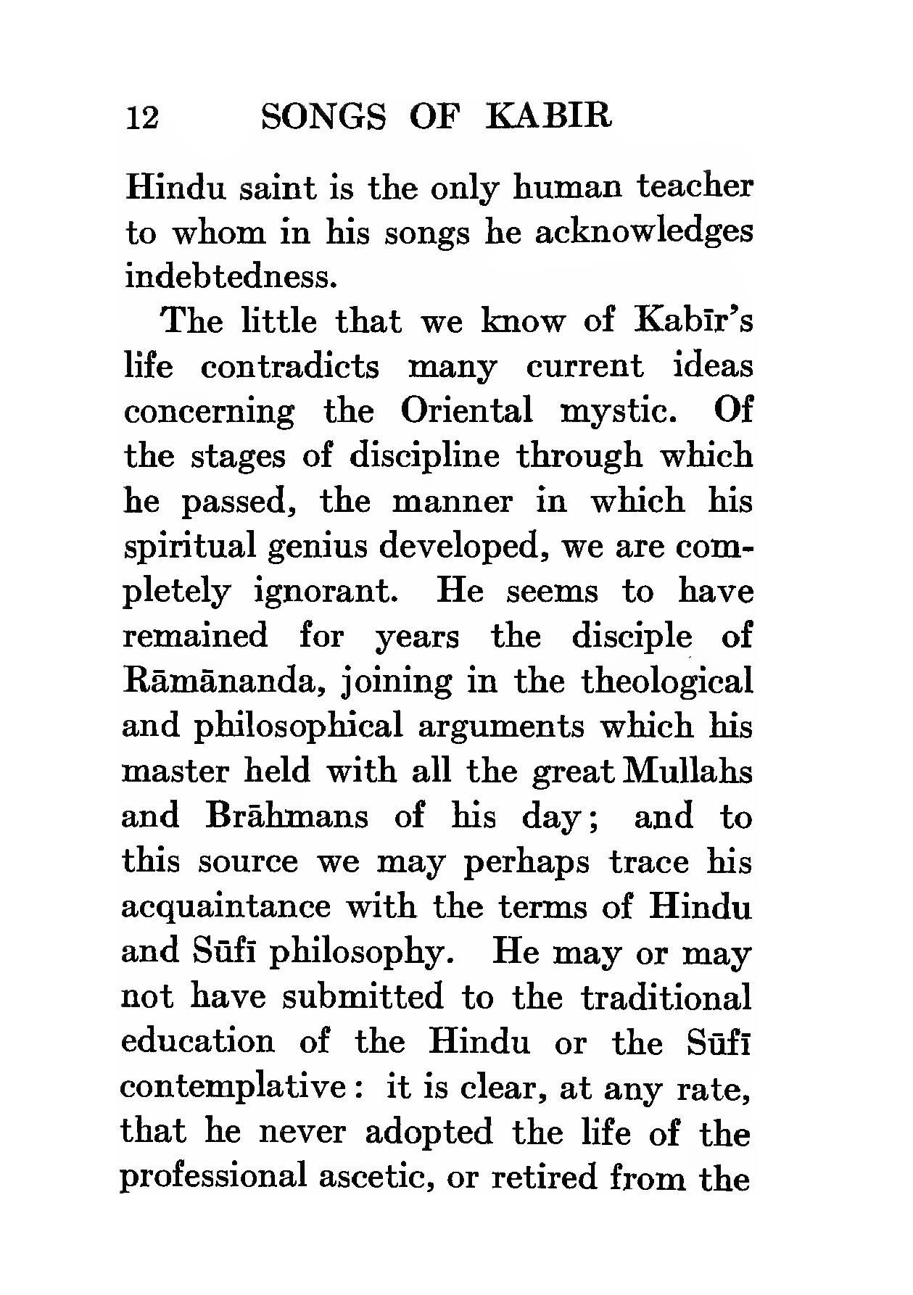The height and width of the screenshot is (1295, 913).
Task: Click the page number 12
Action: [142, 117]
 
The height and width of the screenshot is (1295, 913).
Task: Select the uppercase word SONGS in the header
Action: [323, 116]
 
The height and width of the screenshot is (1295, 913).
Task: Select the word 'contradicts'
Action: [289, 367]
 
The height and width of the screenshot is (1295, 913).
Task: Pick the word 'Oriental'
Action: [466, 412]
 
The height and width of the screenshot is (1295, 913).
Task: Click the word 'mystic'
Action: [619, 412]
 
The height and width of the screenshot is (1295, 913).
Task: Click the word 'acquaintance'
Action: [226, 907]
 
